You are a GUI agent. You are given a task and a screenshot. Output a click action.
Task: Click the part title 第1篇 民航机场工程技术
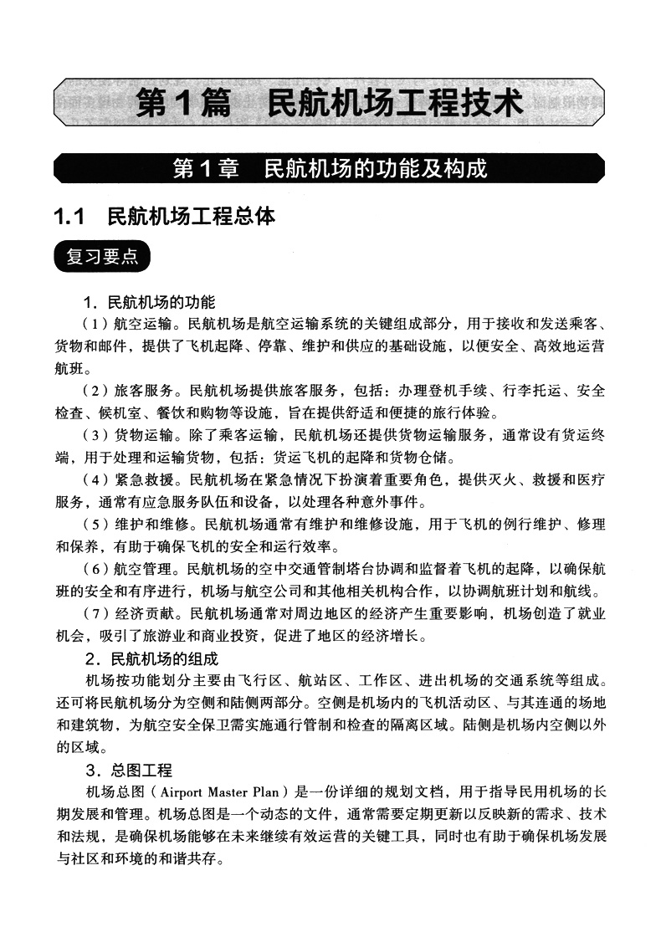(330, 104)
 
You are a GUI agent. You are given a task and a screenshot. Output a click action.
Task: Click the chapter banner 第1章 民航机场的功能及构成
(330, 169)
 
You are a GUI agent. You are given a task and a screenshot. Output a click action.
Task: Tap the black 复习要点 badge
(102, 256)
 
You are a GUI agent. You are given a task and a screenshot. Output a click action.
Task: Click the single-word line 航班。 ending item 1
(74, 368)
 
